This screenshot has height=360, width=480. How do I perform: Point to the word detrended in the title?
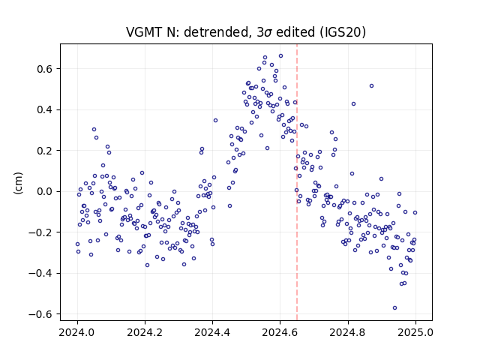coord(215,33)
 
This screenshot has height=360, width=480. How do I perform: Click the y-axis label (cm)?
coord(18,183)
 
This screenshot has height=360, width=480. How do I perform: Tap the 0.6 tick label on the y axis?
coord(45,69)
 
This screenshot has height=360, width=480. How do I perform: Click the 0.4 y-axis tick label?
coord(45,109)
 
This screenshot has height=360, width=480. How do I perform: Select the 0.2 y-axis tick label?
coord(45,151)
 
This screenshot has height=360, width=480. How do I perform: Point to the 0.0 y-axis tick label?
coord(45,191)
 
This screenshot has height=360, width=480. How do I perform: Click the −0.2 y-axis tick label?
coord(40,232)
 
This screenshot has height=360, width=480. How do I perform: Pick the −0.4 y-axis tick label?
coord(40,273)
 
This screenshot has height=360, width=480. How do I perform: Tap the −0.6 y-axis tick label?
coord(40,314)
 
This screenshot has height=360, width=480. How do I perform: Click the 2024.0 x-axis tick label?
coord(77,332)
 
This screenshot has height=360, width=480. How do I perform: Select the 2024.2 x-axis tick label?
coord(145,332)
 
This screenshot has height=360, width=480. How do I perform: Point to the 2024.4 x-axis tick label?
coord(212,332)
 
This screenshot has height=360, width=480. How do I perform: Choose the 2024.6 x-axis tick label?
coord(280,332)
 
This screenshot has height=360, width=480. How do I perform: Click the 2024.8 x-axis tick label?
coord(348,332)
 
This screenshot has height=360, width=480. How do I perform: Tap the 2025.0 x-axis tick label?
coord(415,332)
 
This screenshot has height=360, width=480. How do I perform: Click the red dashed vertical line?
coord(297,182)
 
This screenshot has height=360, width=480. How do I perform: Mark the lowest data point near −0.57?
coord(395,308)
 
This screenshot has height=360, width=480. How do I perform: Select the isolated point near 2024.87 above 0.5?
coord(372,86)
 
